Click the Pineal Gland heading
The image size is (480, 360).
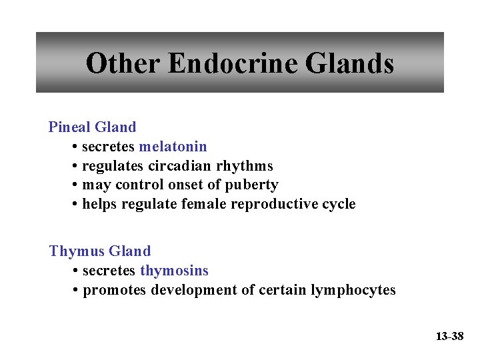click(x=92, y=127)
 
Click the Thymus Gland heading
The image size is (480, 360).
click(x=100, y=251)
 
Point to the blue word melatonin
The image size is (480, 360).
click(x=173, y=147)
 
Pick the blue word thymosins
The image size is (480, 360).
click(x=174, y=271)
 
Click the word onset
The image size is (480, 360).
click(x=195, y=185)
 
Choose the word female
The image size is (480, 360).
click(x=203, y=204)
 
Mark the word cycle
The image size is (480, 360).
click(x=338, y=204)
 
